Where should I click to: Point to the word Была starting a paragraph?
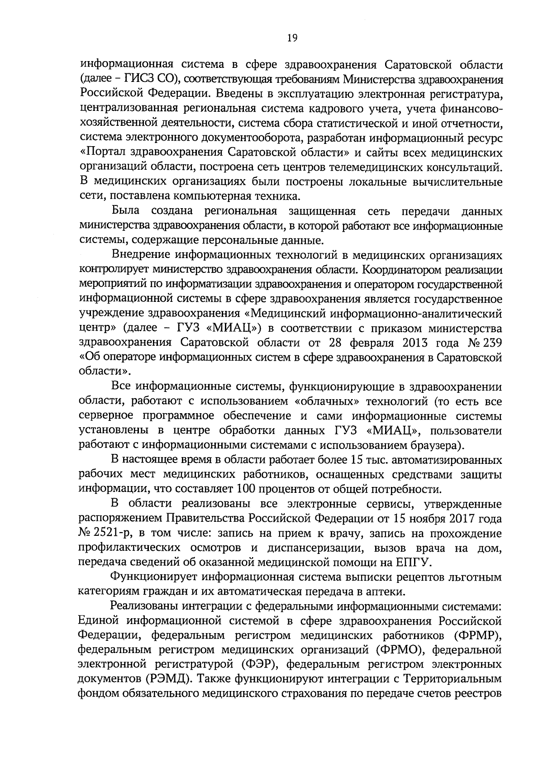[x=126, y=211]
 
